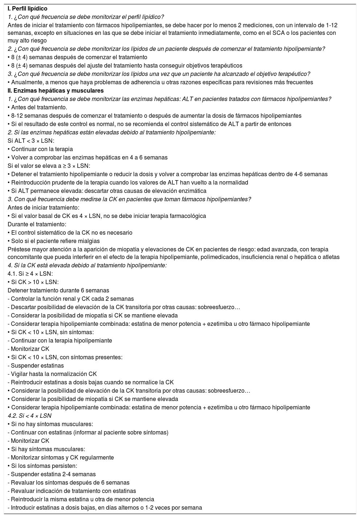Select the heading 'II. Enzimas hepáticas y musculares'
pos(56,90)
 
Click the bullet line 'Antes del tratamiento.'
pos(37,107)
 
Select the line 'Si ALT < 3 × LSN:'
pos(31,141)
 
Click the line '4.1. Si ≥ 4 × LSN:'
pos(30,274)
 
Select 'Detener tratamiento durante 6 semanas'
pos(58,290)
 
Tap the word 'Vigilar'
pos(21,374)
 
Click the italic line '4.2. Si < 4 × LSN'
pos(29,416)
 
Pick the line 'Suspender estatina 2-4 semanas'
pos(53,474)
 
